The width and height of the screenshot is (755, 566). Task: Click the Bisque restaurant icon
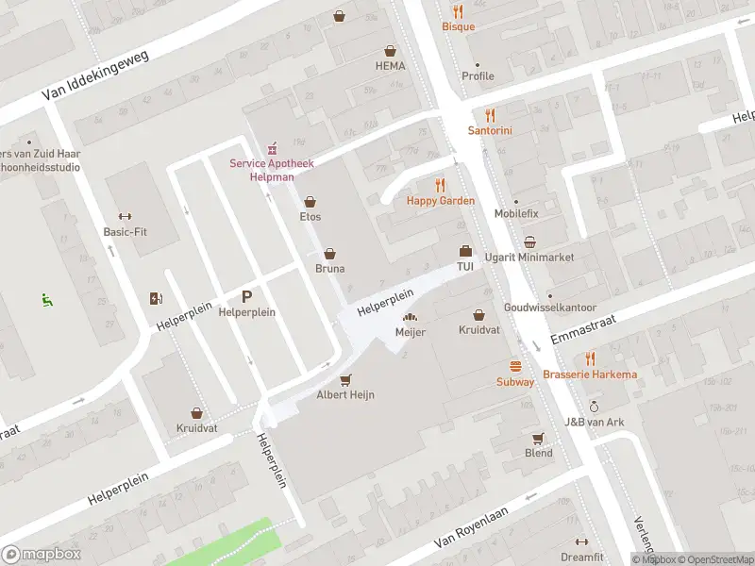coord(459,11)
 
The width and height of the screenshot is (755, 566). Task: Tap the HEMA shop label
coord(389,66)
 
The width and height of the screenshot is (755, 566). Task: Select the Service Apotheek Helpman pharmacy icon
coord(272,146)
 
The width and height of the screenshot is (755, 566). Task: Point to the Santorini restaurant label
coord(490,131)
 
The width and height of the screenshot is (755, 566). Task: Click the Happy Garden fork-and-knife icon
coord(440,185)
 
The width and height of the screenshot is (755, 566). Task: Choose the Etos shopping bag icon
coord(310,201)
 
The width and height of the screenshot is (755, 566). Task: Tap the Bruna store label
coord(329,269)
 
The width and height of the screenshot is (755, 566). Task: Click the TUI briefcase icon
coord(464,251)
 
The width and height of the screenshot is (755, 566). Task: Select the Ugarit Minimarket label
coord(528,258)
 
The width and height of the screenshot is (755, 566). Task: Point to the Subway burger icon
coord(515,366)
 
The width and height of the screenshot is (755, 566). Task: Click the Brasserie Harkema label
coord(590,375)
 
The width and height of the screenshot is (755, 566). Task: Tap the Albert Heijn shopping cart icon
coord(345,379)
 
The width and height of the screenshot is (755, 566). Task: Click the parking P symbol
coord(247,296)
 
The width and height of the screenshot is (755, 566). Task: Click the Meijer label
coord(411,333)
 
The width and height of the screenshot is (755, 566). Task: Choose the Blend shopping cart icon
coord(539,438)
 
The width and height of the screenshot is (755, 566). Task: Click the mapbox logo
coord(40,555)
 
